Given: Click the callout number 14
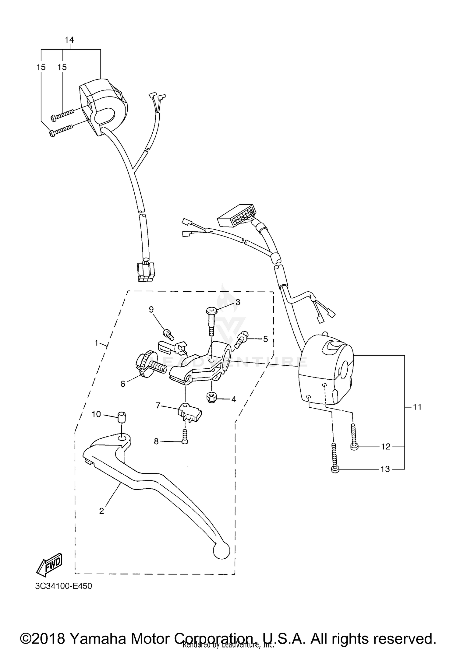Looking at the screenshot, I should click(69, 40).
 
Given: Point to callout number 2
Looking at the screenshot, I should click(101, 511).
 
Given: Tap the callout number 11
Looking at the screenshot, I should click(417, 406).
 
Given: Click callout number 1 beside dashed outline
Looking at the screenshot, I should click(96, 343).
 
